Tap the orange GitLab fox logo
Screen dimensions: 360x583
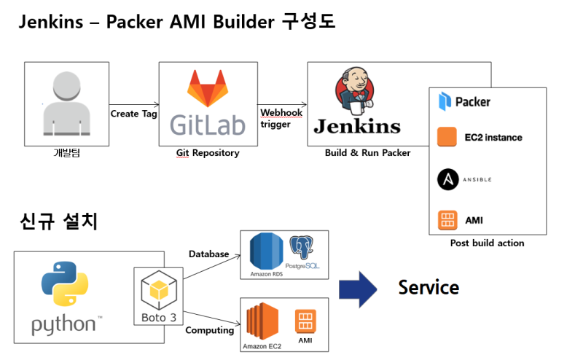[x=207, y=90]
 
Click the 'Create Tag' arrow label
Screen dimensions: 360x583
[x=134, y=114]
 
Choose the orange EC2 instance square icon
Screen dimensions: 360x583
[x=446, y=137]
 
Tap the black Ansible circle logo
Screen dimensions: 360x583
[x=446, y=179]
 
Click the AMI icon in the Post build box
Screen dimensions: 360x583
[x=446, y=219]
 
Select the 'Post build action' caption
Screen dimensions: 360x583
[x=487, y=243]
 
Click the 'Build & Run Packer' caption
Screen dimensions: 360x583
[x=367, y=152]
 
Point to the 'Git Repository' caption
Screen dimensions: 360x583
[x=207, y=152]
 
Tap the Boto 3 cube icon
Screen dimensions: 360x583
[x=157, y=291]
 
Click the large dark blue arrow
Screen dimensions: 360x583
[x=358, y=288]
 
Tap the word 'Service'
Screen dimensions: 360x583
[x=429, y=287]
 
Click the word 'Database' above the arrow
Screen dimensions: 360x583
[x=209, y=254]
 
